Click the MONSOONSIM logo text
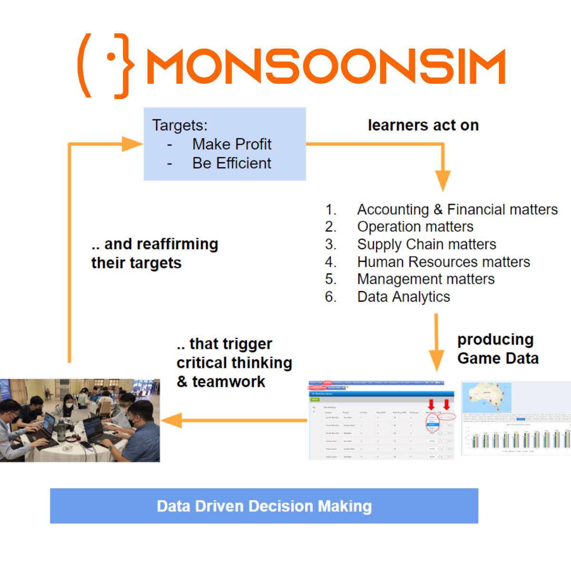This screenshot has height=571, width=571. (325, 66)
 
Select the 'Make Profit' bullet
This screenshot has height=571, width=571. (232, 144)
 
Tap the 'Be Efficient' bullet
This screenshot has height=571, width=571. (232, 163)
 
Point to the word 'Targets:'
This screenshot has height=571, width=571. (180, 125)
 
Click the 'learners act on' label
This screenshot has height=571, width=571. (423, 125)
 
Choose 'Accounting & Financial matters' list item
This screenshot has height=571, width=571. (457, 209)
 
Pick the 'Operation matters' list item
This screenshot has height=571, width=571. (415, 226)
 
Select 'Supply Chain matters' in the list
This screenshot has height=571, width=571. (426, 244)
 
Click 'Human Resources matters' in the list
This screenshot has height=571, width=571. (443, 262)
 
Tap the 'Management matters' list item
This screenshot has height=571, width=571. (426, 279)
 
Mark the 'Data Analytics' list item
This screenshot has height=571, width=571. (404, 297)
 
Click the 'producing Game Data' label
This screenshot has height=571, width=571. (498, 349)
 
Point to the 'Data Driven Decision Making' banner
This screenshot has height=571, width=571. (264, 506)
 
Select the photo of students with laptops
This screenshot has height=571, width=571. (79, 420)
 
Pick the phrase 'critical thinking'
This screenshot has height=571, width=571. (234, 363)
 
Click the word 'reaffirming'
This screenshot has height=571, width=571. (161, 244)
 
